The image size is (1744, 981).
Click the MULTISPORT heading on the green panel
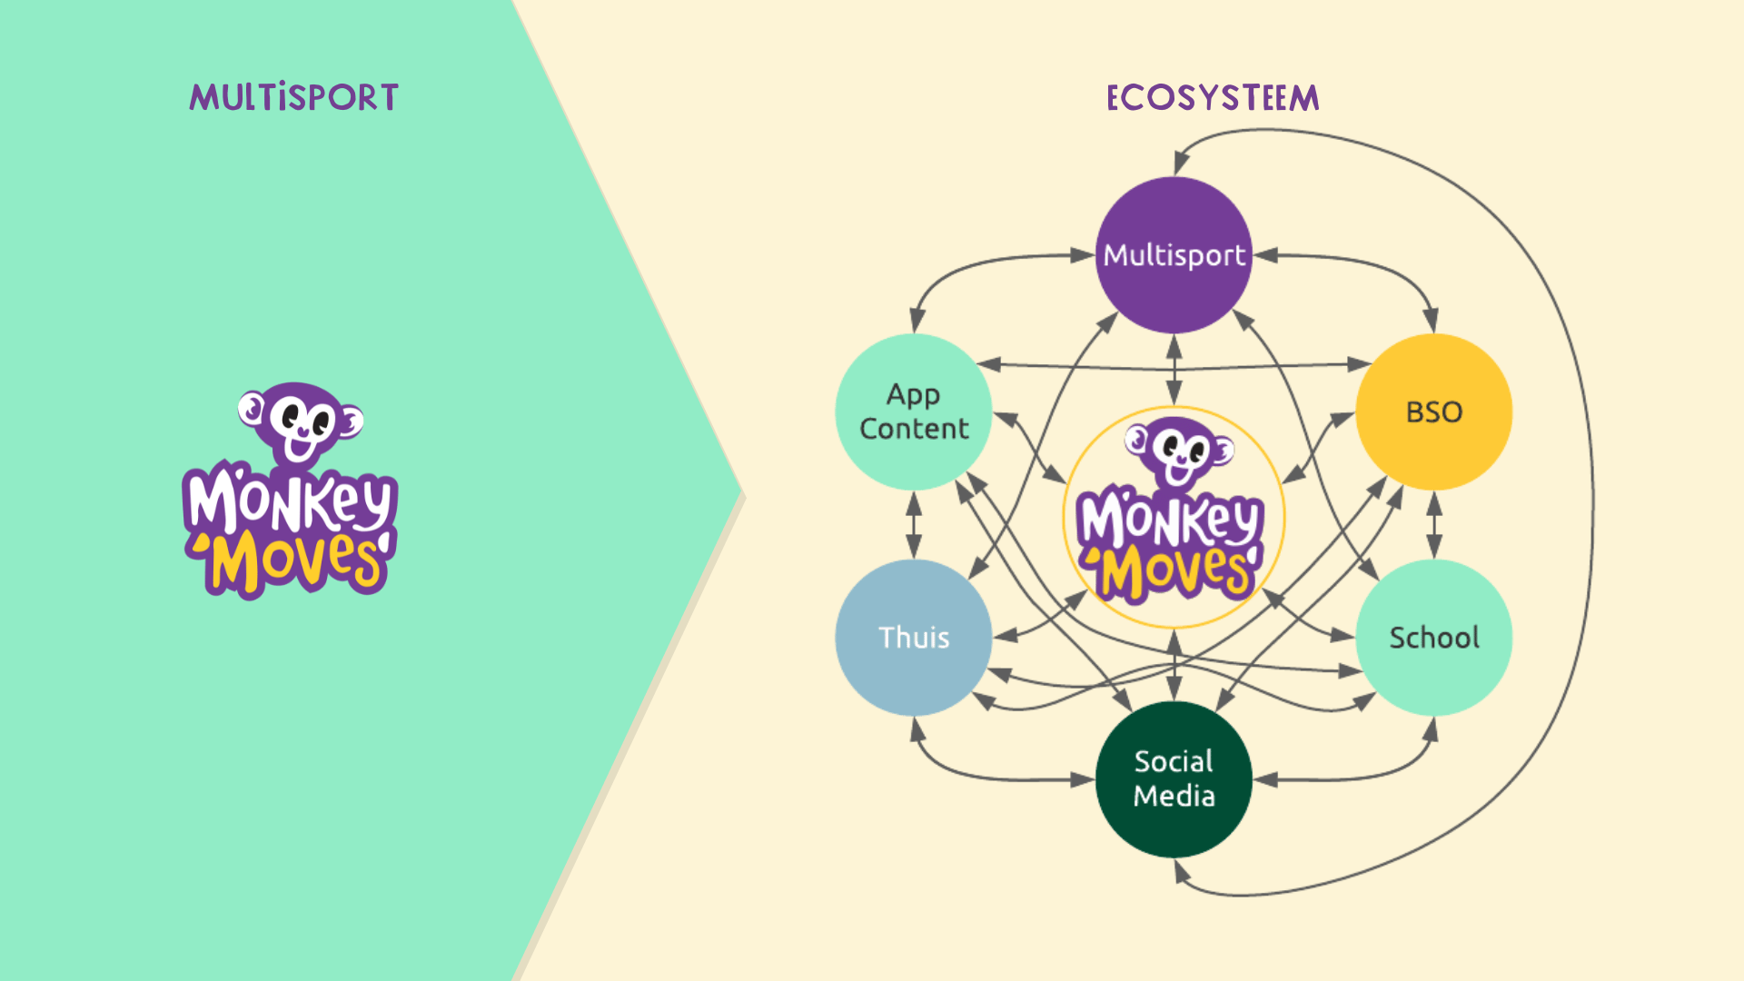click(293, 97)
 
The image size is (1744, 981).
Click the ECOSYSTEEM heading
click(1213, 97)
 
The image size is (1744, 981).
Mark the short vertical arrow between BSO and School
click(1433, 525)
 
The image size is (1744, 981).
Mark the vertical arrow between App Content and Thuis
click(914, 525)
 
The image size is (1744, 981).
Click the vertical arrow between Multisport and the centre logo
click(1174, 370)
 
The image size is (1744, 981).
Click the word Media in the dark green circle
click(1174, 796)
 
